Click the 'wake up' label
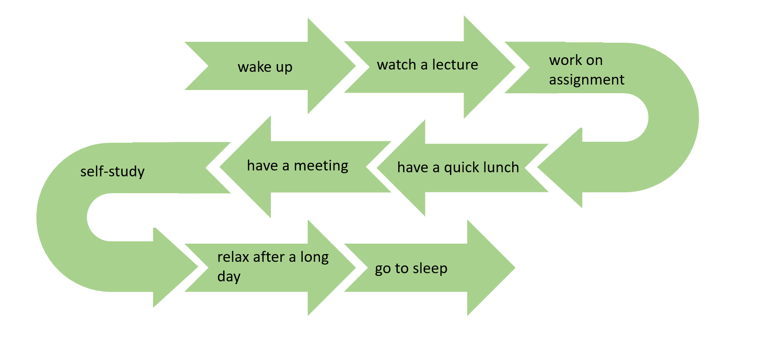point(265,67)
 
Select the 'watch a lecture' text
point(427,65)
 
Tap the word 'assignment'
point(586,80)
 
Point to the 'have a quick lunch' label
point(458,168)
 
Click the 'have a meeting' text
point(297,166)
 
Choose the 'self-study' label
point(112,171)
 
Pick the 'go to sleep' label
point(411,269)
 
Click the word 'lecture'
point(455,65)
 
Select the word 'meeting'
point(321,166)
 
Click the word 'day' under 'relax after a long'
point(229,277)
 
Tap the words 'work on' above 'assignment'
point(576,60)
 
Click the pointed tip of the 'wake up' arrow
point(355,66)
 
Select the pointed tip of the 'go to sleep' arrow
point(514,268)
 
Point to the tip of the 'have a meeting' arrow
point(220,167)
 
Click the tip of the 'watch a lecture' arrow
point(515,67)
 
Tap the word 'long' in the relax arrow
point(314,257)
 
